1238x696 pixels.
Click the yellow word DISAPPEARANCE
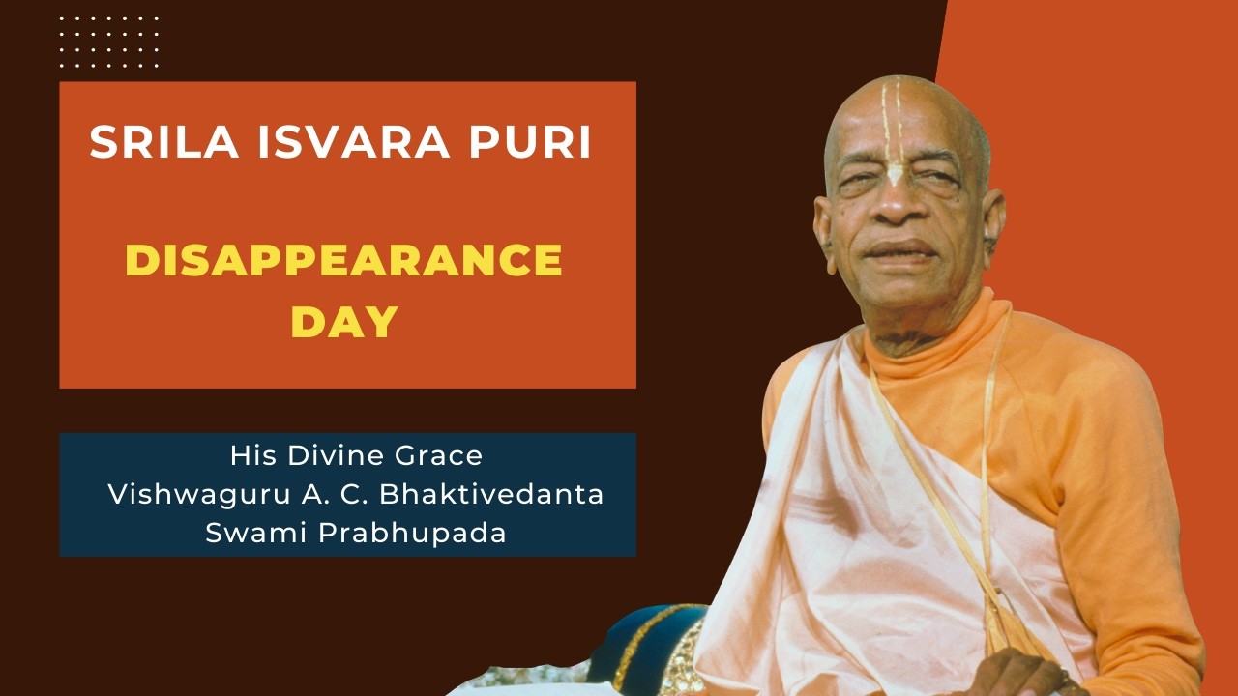tap(344, 261)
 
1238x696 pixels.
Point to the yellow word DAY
tap(344, 322)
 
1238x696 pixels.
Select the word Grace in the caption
tap(441, 454)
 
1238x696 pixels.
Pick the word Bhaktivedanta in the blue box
tap(492, 494)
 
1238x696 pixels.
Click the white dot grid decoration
tap(108, 42)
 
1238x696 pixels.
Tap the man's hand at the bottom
tap(1016, 677)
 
